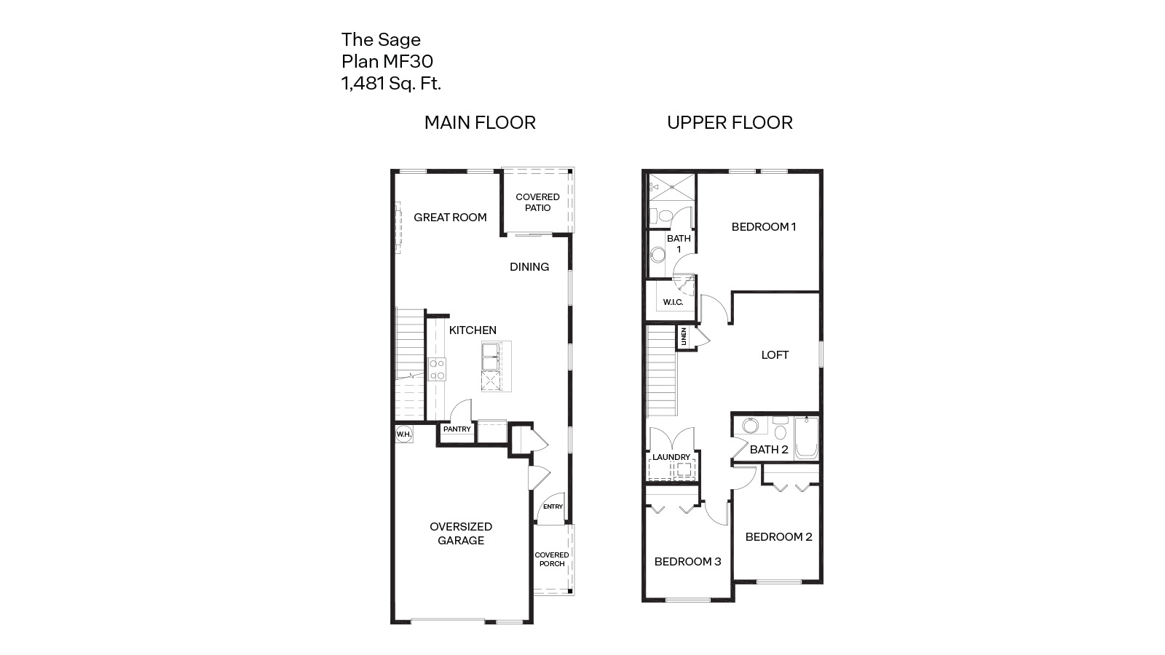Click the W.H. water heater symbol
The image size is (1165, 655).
[x=403, y=434]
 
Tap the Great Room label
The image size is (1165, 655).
[x=450, y=217]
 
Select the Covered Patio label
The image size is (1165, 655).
[x=537, y=202]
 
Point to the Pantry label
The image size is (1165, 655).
[x=457, y=429]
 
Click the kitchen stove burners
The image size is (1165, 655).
[x=437, y=370]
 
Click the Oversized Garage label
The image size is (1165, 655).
[x=460, y=533]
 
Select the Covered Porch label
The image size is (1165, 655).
[x=551, y=559]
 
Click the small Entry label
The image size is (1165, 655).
[x=553, y=507]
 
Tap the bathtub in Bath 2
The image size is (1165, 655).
[x=806, y=438]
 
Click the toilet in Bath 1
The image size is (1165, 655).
[x=656, y=215]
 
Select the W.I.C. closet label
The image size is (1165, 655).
[x=673, y=302]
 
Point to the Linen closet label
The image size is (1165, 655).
[x=684, y=337]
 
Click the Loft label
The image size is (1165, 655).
[x=775, y=355]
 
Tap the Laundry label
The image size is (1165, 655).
[x=671, y=457]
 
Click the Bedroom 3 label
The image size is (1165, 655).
[x=687, y=562]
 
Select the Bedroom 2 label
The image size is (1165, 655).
[x=778, y=537]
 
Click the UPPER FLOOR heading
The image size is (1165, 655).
[x=730, y=123]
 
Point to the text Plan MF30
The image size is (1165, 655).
[x=387, y=61]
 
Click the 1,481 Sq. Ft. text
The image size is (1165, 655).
[x=391, y=84]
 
